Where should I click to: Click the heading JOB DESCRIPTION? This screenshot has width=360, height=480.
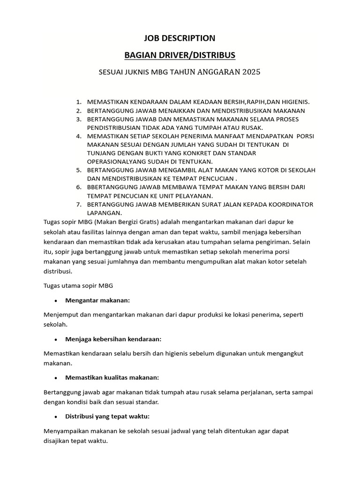(x=180, y=38)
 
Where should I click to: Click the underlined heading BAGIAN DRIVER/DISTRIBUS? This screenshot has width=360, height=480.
(x=180, y=56)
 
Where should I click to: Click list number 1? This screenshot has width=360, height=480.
(x=79, y=102)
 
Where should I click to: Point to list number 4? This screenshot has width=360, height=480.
(x=79, y=136)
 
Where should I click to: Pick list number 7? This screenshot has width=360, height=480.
(x=79, y=204)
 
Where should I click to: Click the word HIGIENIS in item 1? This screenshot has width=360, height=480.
(x=293, y=102)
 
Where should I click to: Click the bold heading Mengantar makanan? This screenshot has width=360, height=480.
(x=98, y=300)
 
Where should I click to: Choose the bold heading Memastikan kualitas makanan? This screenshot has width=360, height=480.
(x=112, y=377)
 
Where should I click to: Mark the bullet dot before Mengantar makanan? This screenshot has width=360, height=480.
(x=56, y=300)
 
